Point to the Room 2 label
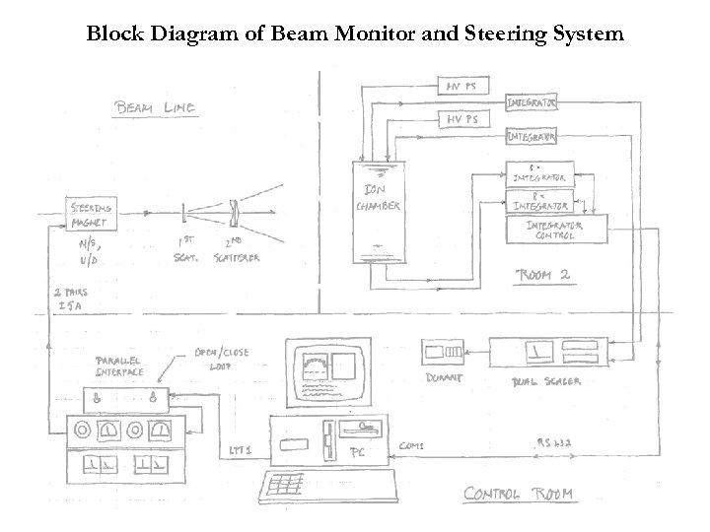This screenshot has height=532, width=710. click(x=543, y=275)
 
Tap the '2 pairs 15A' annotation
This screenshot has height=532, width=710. click(x=71, y=299)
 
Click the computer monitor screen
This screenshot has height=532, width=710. click(x=324, y=374)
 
